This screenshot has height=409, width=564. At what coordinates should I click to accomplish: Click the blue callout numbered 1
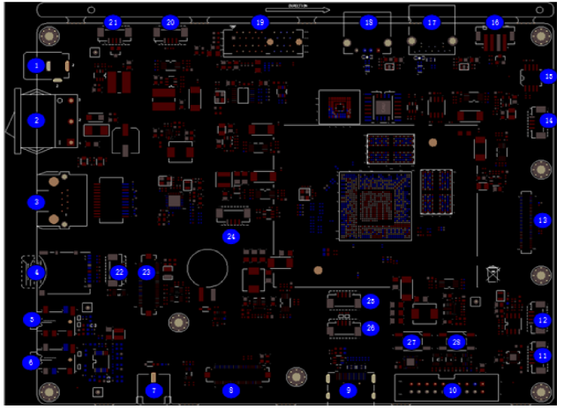(x=36, y=65)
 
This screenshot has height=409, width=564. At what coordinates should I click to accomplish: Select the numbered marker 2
(x=36, y=120)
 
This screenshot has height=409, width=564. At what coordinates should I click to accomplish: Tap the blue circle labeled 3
(x=36, y=202)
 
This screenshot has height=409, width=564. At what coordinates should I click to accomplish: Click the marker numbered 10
(x=451, y=390)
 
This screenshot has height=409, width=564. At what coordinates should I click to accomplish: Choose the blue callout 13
(x=543, y=219)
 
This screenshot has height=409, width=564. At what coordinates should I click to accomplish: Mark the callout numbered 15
(x=548, y=77)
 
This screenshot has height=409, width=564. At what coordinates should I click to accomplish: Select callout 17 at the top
(x=431, y=22)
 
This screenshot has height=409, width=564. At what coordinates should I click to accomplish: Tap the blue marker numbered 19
(x=259, y=22)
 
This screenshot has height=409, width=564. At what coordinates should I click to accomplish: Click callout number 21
(x=113, y=22)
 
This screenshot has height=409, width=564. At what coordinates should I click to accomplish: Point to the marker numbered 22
(x=119, y=272)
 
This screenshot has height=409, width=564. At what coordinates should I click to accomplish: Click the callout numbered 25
(x=371, y=301)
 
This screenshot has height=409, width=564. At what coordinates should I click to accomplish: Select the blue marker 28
(x=456, y=342)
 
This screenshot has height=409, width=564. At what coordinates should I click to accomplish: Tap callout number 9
(x=348, y=390)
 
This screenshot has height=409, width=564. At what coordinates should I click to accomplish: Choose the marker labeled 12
(x=543, y=321)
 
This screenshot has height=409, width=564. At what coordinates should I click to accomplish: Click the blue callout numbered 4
(x=36, y=273)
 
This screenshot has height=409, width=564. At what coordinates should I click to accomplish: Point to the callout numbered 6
(x=32, y=361)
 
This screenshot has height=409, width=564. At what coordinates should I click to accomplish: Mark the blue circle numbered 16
(x=494, y=22)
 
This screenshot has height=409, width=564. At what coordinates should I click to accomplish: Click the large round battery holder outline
(x=212, y=268)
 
